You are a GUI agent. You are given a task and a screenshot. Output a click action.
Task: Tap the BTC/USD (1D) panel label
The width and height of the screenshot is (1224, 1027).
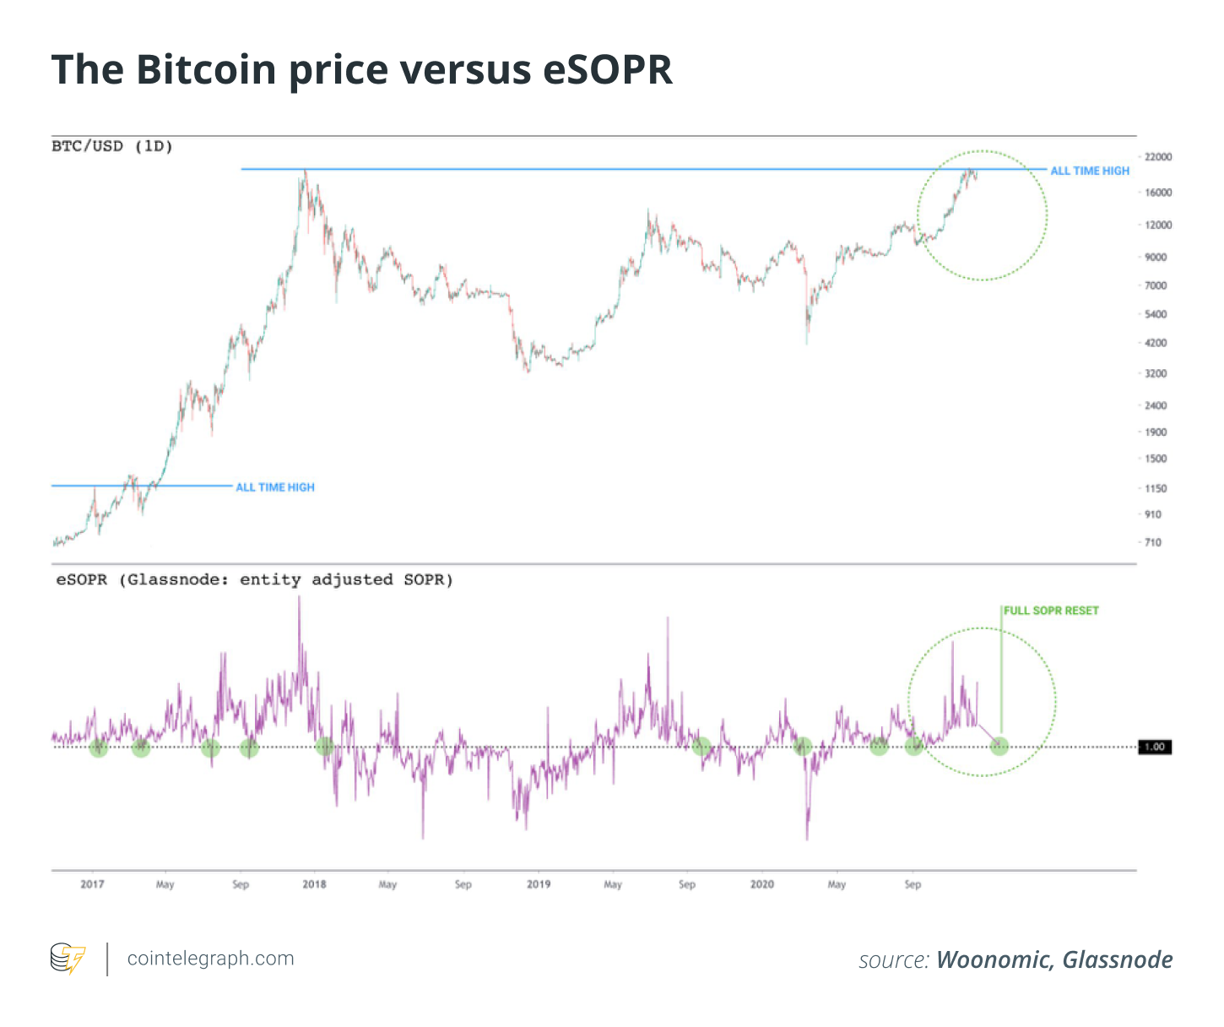tap(112, 146)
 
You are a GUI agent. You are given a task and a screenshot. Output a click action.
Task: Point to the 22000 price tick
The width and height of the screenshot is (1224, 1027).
tap(1158, 157)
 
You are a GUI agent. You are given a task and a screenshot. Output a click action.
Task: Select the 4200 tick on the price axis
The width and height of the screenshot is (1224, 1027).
tap(1156, 343)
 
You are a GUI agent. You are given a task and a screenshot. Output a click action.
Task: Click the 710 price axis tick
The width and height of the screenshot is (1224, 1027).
tap(1153, 542)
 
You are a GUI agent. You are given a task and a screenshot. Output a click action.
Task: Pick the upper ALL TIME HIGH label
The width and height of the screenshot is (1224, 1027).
tap(1089, 171)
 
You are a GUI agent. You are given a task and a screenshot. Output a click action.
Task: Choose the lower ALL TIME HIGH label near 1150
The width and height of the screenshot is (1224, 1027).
tap(274, 487)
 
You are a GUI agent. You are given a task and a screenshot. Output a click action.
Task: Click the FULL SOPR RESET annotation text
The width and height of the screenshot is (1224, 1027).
tap(1051, 611)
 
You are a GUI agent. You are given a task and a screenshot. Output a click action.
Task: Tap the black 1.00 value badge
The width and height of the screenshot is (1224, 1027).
tap(1155, 747)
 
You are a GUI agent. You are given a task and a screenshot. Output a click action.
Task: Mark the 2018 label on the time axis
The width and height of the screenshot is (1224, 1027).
tap(314, 884)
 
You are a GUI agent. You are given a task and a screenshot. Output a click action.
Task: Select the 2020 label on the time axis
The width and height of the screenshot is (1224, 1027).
tap(761, 884)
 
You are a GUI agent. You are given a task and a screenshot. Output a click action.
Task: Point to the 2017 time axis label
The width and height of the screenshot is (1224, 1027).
tap(92, 884)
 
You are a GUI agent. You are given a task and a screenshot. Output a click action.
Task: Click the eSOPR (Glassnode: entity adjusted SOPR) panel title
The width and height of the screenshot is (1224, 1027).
tap(254, 579)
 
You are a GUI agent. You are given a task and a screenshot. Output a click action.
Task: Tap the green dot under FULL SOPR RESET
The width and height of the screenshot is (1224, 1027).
tap(999, 746)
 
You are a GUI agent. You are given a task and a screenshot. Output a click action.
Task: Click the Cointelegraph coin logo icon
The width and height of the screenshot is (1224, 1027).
tap(68, 959)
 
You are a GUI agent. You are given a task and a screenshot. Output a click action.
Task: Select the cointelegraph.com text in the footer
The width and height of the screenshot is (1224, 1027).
tap(210, 959)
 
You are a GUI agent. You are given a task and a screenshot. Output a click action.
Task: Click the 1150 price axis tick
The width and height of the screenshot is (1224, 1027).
tap(1156, 488)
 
